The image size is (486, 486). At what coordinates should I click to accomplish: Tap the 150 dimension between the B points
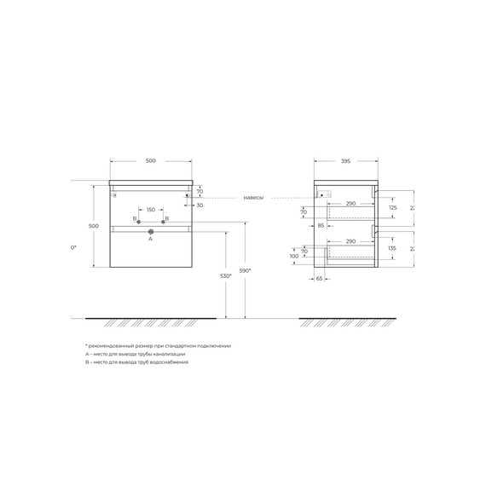[x=151, y=210]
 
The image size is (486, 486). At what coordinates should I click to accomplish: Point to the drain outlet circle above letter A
[x=151, y=231]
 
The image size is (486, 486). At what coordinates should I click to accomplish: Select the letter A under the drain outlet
[x=151, y=240]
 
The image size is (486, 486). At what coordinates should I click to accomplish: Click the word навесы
[x=253, y=197]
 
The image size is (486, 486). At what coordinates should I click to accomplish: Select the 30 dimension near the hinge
[x=200, y=205]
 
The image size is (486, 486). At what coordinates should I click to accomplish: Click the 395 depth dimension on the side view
[x=345, y=160]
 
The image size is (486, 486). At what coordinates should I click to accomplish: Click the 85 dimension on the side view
[x=321, y=226]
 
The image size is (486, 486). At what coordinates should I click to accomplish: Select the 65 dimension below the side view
[x=320, y=278]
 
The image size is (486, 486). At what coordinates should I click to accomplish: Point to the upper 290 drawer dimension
[x=350, y=205]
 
